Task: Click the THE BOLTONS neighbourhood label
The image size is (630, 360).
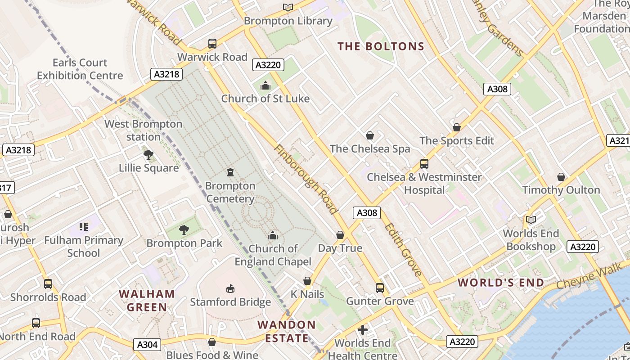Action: tap(381, 46)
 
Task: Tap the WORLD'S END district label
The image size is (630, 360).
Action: tap(501, 283)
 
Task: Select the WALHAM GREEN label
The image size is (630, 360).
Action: tap(147, 301)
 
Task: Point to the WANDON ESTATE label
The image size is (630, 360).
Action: tap(287, 331)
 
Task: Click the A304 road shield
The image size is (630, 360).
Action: tap(147, 345)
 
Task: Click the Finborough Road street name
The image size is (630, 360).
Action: tap(305, 179)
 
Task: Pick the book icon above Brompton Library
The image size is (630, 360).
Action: tap(288, 7)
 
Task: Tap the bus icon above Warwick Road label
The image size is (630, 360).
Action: tap(212, 44)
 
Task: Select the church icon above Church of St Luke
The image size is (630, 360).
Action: tap(265, 85)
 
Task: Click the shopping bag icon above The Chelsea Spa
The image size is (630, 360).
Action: tap(370, 135)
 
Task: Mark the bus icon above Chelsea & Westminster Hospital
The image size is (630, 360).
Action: tap(424, 164)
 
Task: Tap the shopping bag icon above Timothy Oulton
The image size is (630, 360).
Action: tap(561, 177)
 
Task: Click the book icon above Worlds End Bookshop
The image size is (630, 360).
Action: tap(531, 220)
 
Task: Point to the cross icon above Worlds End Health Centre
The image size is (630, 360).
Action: tap(362, 330)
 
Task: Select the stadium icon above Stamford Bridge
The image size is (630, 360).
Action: tap(230, 288)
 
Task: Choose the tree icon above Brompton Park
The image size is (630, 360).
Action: tap(184, 230)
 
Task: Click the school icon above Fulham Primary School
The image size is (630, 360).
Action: tap(83, 226)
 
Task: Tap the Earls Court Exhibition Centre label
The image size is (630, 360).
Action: tap(80, 69)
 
